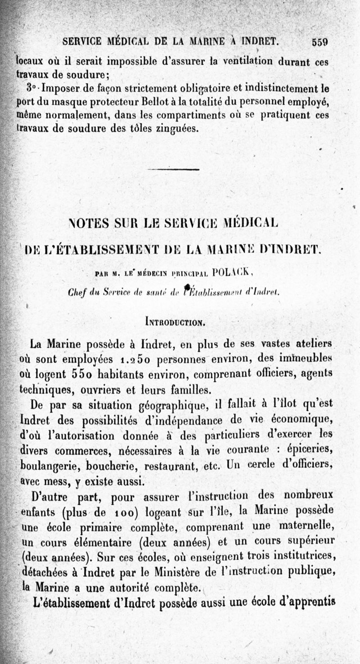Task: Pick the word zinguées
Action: click(x=175, y=129)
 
